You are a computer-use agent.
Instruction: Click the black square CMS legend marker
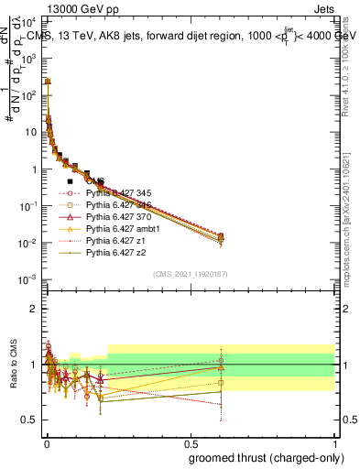[x=70, y=181]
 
